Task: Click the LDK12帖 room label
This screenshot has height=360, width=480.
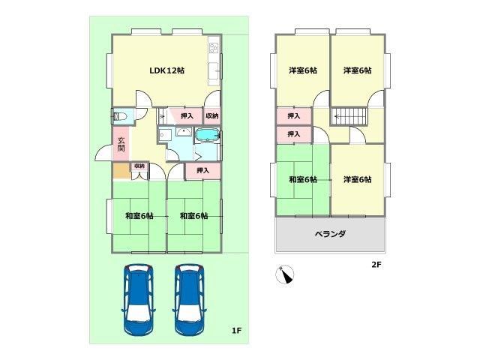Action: click(x=166, y=70)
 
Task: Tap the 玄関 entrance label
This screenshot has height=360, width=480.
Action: click(x=121, y=145)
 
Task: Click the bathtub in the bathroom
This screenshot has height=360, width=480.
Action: click(x=207, y=135)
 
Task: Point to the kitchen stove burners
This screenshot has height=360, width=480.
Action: click(x=214, y=48)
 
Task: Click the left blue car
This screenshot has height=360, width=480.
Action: click(x=138, y=300)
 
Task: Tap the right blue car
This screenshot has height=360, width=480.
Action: click(x=189, y=300)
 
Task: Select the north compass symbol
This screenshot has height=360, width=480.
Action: click(x=285, y=274)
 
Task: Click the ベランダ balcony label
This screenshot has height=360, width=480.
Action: click(x=330, y=234)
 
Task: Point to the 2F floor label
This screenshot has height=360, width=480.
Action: click(x=376, y=265)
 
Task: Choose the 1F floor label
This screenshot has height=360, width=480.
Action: click(x=236, y=331)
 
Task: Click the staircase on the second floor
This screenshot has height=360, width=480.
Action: click(x=349, y=116)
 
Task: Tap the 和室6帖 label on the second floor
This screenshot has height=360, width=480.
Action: click(x=303, y=179)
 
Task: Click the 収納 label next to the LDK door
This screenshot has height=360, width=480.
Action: click(x=212, y=116)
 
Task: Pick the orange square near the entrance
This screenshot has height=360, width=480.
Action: click(x=121, y=172)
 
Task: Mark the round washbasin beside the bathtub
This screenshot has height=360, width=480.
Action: click(x=183, y=132)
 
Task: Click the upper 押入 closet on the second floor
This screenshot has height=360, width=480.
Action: click(x=294, y=116)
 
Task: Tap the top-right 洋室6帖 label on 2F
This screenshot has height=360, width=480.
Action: click(x=357, y=70)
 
